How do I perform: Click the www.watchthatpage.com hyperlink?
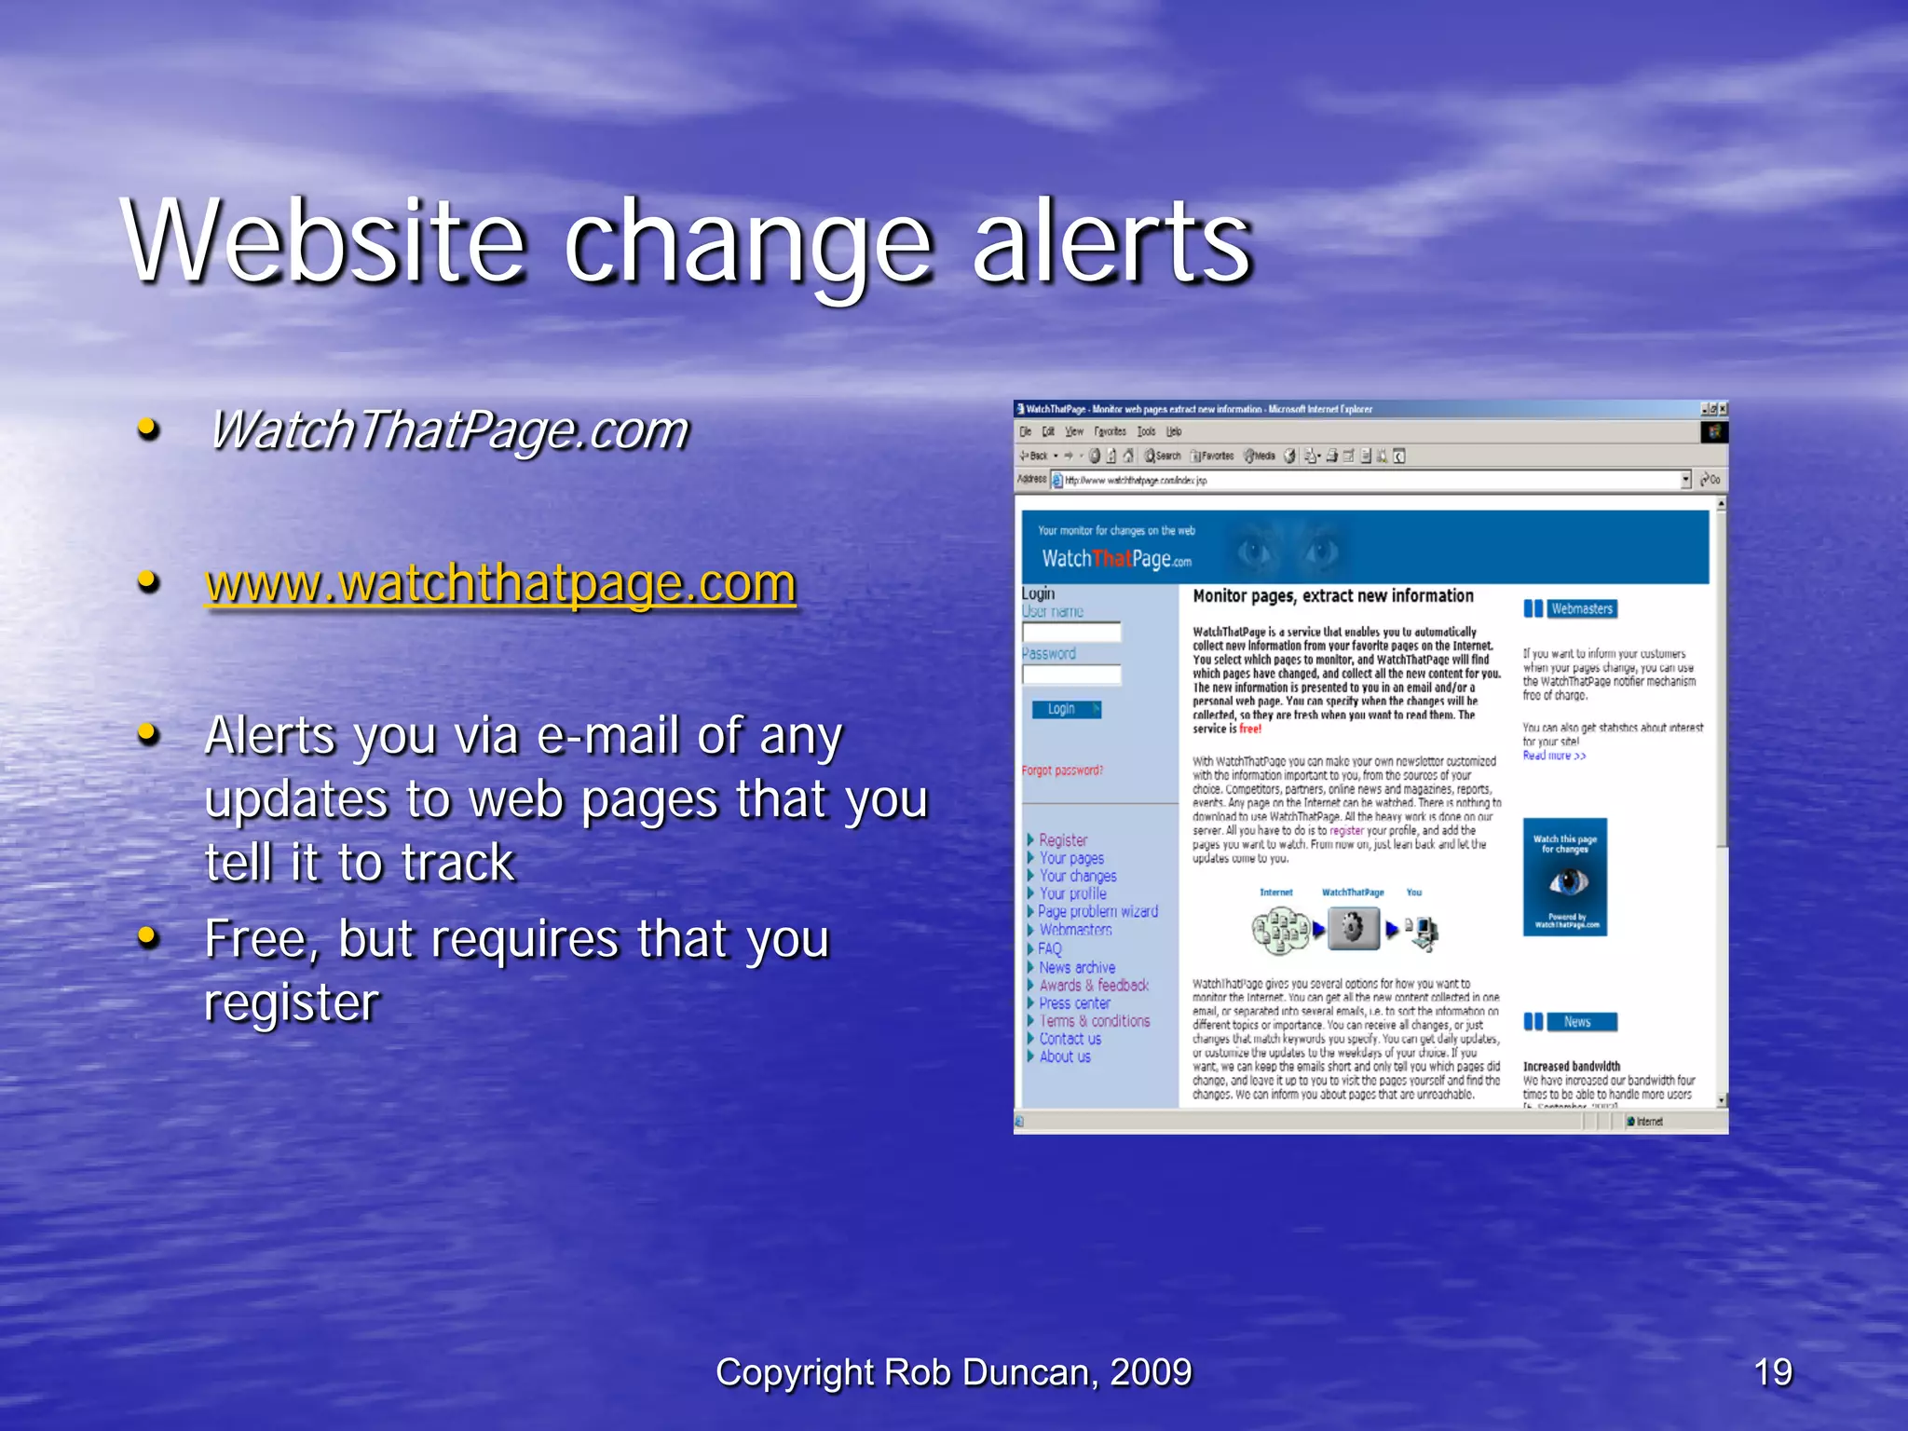pyautogui.click(x=500, y=583)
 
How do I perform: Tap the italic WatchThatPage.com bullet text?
pyautogui.click(x=448, y=430)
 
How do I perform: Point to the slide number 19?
pyautogui.click(x=1772, y=1372)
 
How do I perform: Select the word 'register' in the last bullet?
pyautogui.click(x=292, y=1002)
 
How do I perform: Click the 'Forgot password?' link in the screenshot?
pyautogui.click(x=1062, y=770)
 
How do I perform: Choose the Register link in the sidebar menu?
pyautogui.click(x=1063, y=839)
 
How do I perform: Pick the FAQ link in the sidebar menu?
pyautogui.click(x=1050, y=948)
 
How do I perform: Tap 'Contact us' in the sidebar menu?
pyautogui.click(x=1070, y=1039)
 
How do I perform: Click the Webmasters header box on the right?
pyautogui.click(x=1581, y=608)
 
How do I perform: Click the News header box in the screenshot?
pyautogui.click(x=1577, y=1022)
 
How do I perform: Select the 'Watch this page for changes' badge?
pyautogui.click(x=1565, y=877)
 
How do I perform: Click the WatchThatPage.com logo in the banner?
pyautogui.click(x=1116, y=559)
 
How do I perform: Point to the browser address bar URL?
pyautogui.click(x=1136, y=481)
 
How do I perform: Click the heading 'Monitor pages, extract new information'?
pyautogui.click(x=1333, y=596)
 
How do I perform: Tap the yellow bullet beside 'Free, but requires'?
pyautogui.click(x=148, y=936)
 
